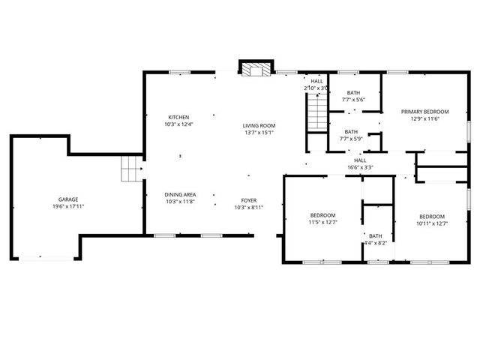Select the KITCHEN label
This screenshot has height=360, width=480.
click(178, 117)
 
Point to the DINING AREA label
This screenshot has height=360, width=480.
click(180, 194)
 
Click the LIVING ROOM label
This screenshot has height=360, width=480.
click(259, 125)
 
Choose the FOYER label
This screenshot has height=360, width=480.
click(248, 200)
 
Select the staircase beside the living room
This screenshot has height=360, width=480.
click(318, 113)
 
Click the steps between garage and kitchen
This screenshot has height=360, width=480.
click(132, 170)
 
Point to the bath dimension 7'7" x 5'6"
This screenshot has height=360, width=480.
click(352, 100)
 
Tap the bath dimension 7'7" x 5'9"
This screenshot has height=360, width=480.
click(352, 139)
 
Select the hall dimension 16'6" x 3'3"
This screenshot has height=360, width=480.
click(360, 167)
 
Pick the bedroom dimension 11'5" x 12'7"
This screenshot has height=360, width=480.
click(323, 222)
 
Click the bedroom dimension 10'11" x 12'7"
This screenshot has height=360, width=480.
click(432, 222)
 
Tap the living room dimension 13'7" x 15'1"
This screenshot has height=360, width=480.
click(259, 133)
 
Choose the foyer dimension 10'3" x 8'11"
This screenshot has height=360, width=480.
click(248, 208)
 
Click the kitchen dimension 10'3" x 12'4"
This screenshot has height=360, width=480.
click(178, 124)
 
